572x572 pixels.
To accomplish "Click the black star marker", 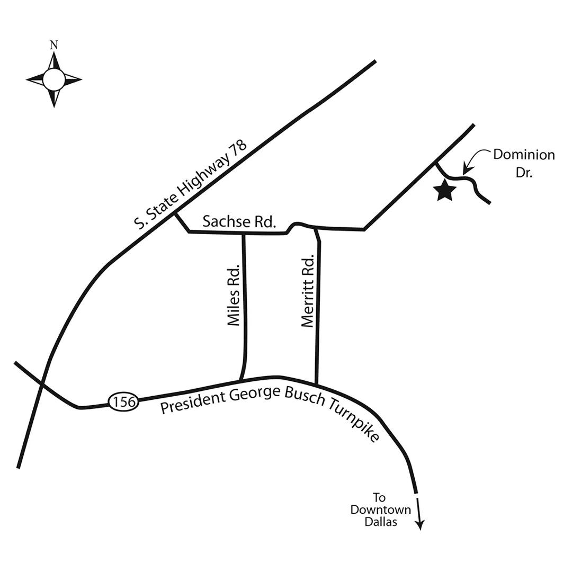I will (x=445, y=191).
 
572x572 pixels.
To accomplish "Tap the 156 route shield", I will (x=124, y=402).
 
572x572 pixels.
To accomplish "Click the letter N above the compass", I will (x=53, y=46).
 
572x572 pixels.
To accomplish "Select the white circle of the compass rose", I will (x=53, y=80).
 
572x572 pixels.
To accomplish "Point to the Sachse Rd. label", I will (x=239, y=221).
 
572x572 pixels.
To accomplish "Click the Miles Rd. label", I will (x=234, y=294).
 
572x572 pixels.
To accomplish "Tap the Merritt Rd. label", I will (x=308, y=291).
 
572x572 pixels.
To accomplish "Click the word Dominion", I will (x=524, y=155).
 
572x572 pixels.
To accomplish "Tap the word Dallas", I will (x=380, y=522).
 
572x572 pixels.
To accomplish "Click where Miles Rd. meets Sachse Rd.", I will (x=243, y=233).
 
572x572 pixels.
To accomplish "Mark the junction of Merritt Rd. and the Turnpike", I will (x=316, y=384).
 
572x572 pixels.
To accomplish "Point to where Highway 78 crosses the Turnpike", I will (x=41, y=382).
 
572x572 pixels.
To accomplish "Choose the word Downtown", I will (x=380, y=510).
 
